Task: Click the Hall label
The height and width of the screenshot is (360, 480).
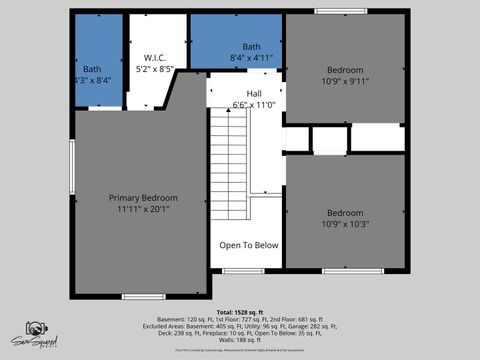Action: [x=240, y=92]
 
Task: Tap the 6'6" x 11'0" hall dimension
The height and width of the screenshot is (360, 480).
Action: [x=240, y=104]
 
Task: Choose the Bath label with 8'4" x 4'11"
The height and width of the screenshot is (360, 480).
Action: [x=251, y=46]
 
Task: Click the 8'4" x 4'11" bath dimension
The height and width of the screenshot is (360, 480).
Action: [x=251, y=58]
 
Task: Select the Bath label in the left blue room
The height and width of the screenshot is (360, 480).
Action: [x=92, y=69]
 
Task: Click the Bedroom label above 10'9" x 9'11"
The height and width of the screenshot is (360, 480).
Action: [x=345, y=69]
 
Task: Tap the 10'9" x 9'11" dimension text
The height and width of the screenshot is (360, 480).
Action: [x=345, y=81]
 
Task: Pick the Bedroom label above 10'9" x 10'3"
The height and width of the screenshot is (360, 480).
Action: [x=345, y=212]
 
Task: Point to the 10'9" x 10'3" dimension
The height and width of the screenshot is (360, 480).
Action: [x=345, y=224]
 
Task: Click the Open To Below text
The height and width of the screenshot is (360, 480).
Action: [x=249, y=244]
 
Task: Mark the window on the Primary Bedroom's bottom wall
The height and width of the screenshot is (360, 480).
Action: [x=137, y=296]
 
